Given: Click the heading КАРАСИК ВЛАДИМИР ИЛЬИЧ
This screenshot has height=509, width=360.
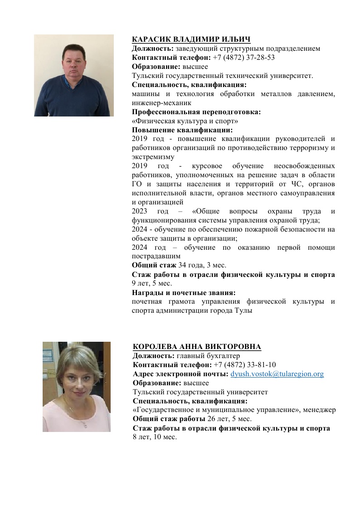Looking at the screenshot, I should pos(191,39).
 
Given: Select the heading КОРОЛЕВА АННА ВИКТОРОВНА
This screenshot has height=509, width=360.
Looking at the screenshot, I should pos(197,347).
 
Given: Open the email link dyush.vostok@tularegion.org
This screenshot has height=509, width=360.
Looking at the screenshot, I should pos(277,374).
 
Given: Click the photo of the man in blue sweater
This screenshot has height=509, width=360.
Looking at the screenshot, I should pos(74,76).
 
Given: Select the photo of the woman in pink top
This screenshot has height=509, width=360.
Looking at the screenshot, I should pos(77,386).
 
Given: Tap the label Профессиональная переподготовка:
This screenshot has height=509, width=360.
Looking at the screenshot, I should pos(196,112).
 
